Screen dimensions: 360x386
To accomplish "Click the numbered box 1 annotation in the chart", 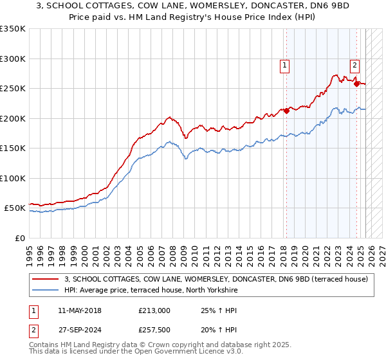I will [x=284, y=64].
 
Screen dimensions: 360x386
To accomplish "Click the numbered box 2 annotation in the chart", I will [x=354, y=64].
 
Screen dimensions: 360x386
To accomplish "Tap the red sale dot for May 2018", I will [x=287, y=110].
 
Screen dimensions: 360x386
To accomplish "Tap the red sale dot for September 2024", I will [x=356, y=83].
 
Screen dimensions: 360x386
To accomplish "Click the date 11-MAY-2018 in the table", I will [x=79, y=310].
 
